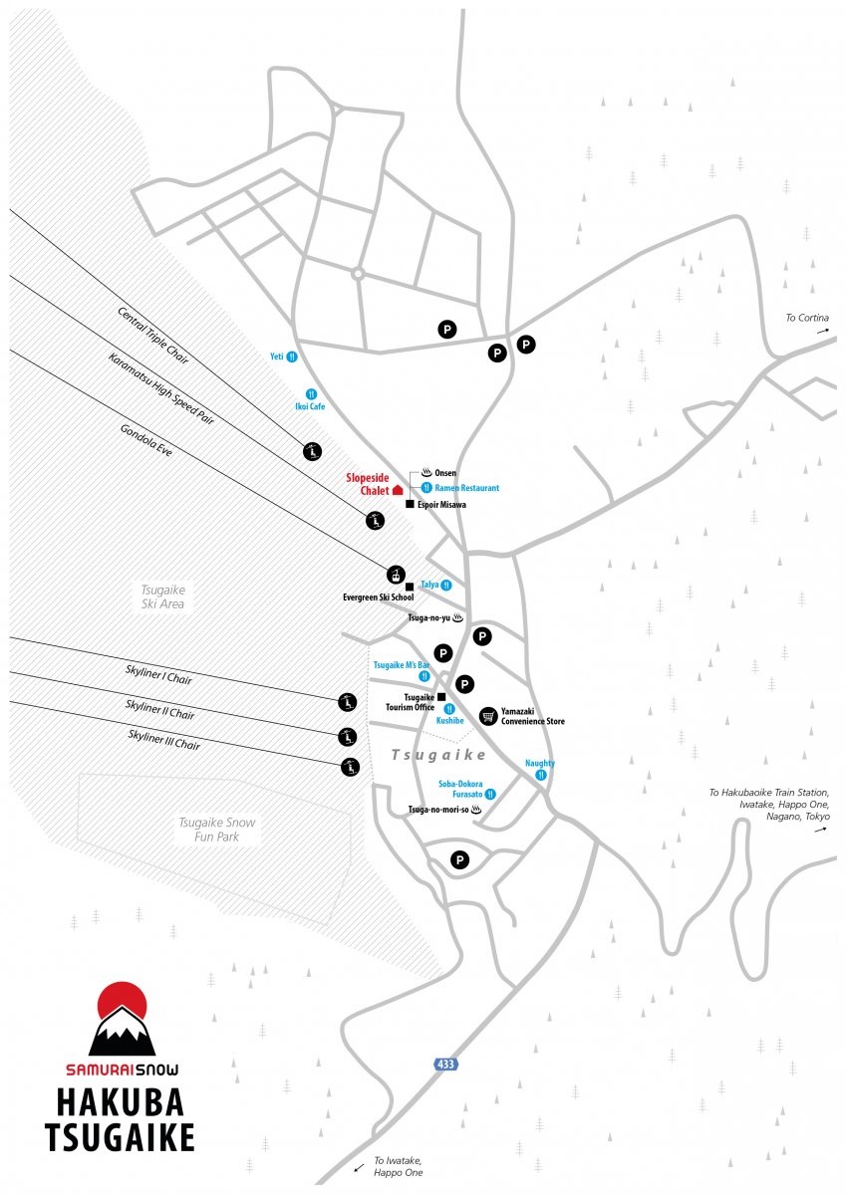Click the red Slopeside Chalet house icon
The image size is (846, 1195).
coord(398,490)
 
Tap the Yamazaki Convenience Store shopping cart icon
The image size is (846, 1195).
coord(488,715)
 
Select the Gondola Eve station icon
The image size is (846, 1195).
coord(396,576)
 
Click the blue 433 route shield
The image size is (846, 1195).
coord(445,1065)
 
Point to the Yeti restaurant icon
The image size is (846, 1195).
coord(291,357)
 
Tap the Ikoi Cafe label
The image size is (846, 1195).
coord(310,406)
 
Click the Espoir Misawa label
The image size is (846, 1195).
coord(441,504)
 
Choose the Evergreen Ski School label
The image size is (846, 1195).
coord(378,597)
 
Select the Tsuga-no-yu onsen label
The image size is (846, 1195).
coord(429,617)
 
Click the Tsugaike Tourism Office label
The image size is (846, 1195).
coord(411,702)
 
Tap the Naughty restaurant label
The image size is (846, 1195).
coord(540,763)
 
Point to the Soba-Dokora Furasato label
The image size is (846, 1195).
coord(460,789)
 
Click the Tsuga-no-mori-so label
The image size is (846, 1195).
coord(438,810)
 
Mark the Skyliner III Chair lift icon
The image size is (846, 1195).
coord(350,767)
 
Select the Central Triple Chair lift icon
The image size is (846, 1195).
coord(312,451)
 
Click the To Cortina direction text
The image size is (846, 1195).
coord(807,318)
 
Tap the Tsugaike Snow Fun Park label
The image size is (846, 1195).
coord(216,830)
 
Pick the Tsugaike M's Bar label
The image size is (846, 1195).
coord(401,665)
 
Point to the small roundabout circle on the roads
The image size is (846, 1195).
coord(358,274)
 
